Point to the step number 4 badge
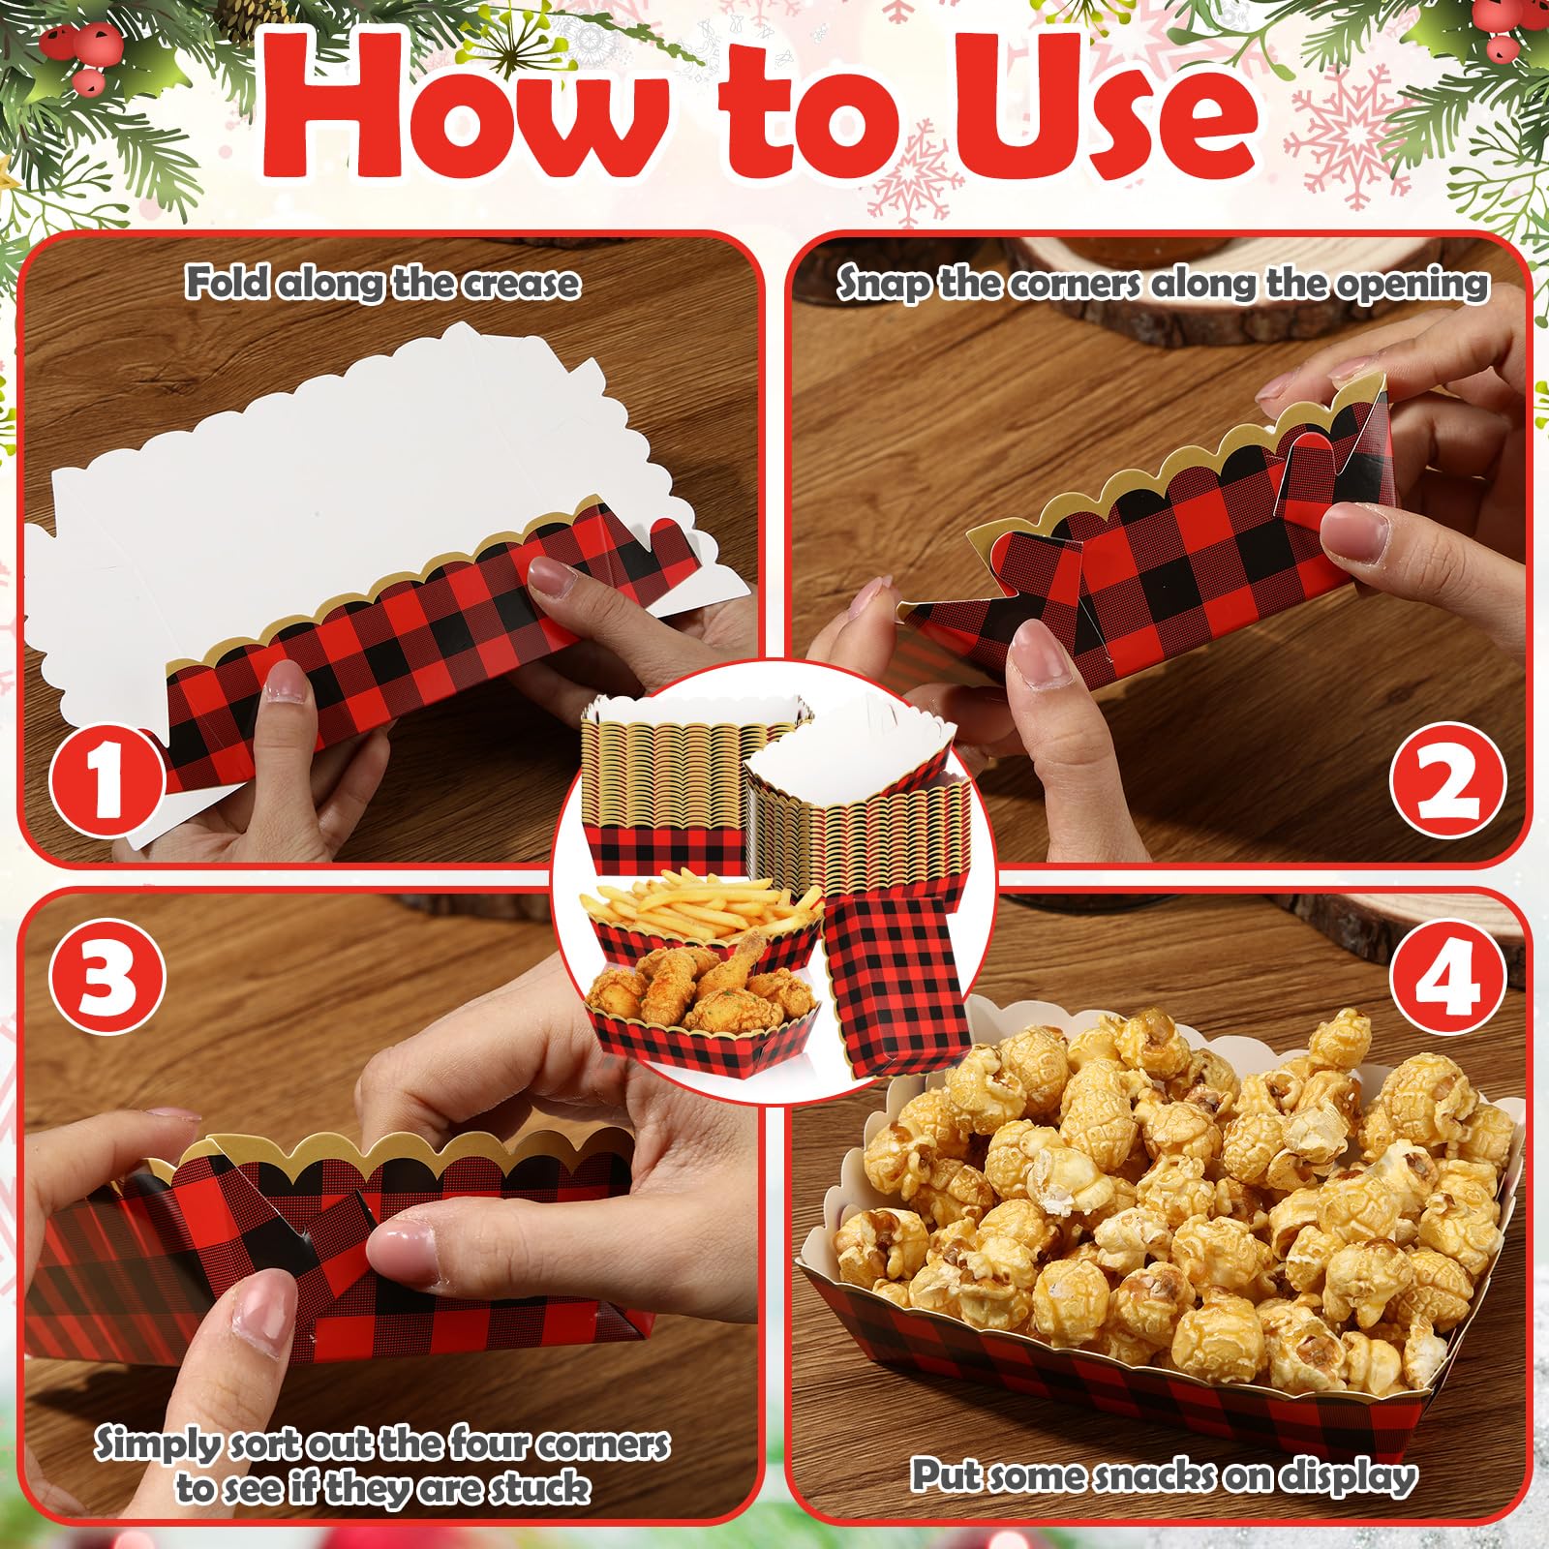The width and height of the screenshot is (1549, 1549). [x=1447, y=976]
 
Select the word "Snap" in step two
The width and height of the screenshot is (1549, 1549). [x=880, y=285]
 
